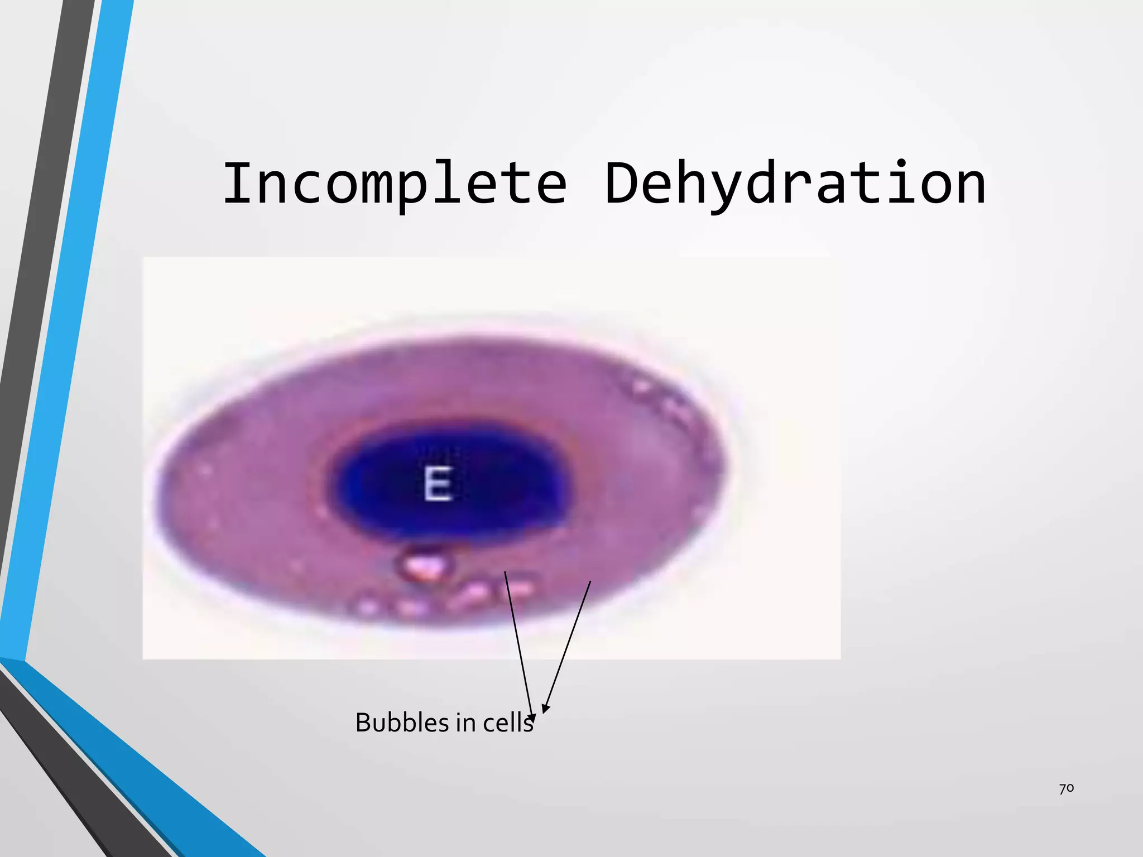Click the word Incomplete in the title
[395, 183]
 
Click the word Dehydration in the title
[795, 183]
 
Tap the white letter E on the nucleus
[437, 483]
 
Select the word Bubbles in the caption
[401, 723]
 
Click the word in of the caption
[465, 723]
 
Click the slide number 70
[1066, 788]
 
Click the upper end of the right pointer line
[590, 582]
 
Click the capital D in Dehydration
[622, 183]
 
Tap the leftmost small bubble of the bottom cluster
[367, 605]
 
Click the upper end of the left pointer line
[505, 572]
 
